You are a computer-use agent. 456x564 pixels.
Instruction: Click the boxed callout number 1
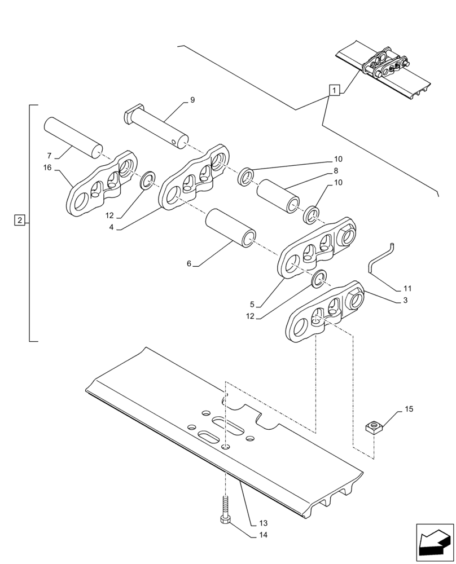point(335,90)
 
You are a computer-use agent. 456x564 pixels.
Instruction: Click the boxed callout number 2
point(20,220)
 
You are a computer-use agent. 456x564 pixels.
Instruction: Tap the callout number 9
point(192,100)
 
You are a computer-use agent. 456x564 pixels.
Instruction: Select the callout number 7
point(49,155)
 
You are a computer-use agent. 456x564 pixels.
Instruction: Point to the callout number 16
point(47,168)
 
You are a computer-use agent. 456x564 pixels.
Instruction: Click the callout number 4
point(112,227)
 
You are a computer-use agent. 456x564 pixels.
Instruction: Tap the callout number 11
point(407,288)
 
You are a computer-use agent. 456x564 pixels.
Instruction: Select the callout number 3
point(406,301)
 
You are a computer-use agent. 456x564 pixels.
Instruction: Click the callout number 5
point(252,303)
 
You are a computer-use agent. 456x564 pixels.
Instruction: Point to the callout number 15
point(409,408)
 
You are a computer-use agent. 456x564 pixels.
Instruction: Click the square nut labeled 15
point(374,427)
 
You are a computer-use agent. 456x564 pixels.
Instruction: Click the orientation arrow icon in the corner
point(435,543)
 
